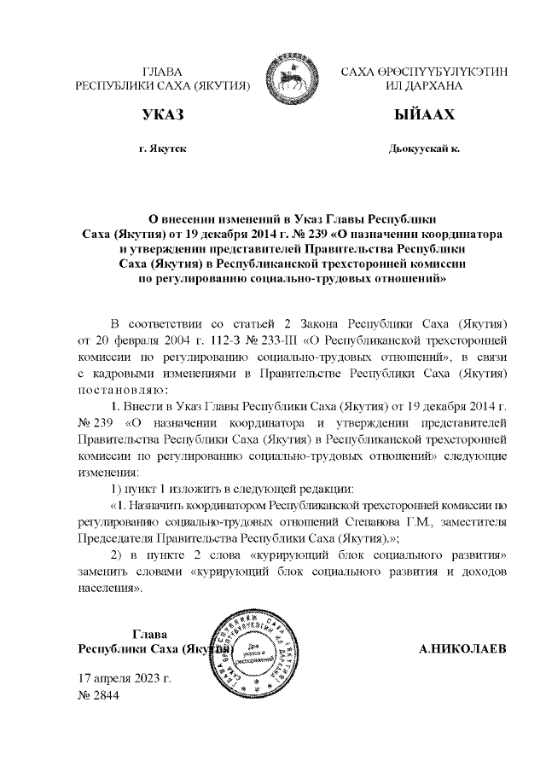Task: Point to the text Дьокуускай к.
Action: pos(423,148)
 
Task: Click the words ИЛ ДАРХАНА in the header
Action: pos(424,86)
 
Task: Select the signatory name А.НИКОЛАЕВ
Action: pos(462,648)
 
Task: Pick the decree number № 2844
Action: pos(99,694)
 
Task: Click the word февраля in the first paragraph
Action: pos(126,342)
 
